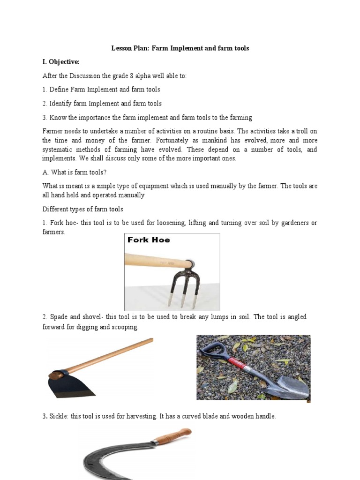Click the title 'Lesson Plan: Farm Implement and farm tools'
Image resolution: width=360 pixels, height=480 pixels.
180,48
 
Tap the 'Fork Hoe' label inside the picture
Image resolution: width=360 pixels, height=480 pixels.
149,240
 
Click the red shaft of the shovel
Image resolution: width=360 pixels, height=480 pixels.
240,363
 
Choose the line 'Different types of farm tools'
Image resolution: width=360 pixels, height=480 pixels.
83,209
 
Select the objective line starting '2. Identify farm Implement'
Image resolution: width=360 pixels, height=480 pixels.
102,103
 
